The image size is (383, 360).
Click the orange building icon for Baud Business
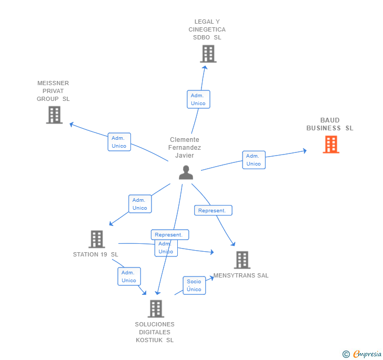pyautogui.click(x=331, y=144)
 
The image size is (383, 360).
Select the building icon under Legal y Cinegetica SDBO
pyautogui.click(x=208, y=54)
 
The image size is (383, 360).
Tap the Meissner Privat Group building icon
pyautogui.click(x=54, y=115)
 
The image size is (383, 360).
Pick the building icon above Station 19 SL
pyautogui.click(x=97, y=239)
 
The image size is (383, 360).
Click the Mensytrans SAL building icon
pyautogui.click(x=241, y=260)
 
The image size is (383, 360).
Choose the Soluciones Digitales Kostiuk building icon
pyautogui.click(x=156, y=308)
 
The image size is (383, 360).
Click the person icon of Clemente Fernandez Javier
pyautogui.click(x=186, y=172)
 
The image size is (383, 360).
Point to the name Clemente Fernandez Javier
pyautogui.click(x=185, y=148)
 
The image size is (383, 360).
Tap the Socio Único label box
pyautogui.click(x=194, y=285)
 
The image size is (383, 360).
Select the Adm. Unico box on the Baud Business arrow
pyautogui.click(x=254, y=160)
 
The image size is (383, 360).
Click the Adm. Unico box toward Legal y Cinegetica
pyautogui.click(x=198, y=99)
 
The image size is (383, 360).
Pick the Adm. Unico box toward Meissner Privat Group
pyautogui.click(x=119, y=142)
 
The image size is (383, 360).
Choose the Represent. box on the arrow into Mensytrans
pyautogui.click(x=213, y=210)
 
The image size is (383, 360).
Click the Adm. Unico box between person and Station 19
pyautogui.click(x=139, y=204)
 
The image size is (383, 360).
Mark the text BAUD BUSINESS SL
pyautogui.click(x=330, y=125)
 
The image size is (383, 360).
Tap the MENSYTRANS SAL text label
pyautogui.click(x=241, y=275)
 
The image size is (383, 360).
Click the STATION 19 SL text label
pyautogui.click(x=96, y=254)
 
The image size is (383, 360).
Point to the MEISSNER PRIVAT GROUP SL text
pyautogui.click(x=53, y=91)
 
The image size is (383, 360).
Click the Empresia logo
pyautogui.click(x=367, y=354)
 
